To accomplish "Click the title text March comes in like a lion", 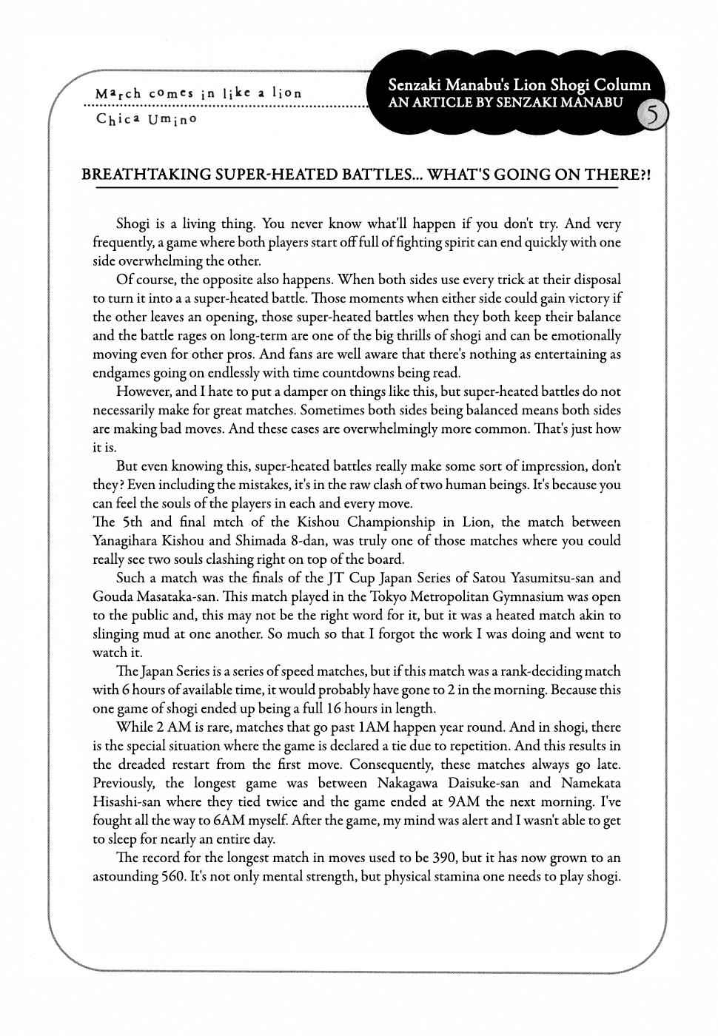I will [198, 94].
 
